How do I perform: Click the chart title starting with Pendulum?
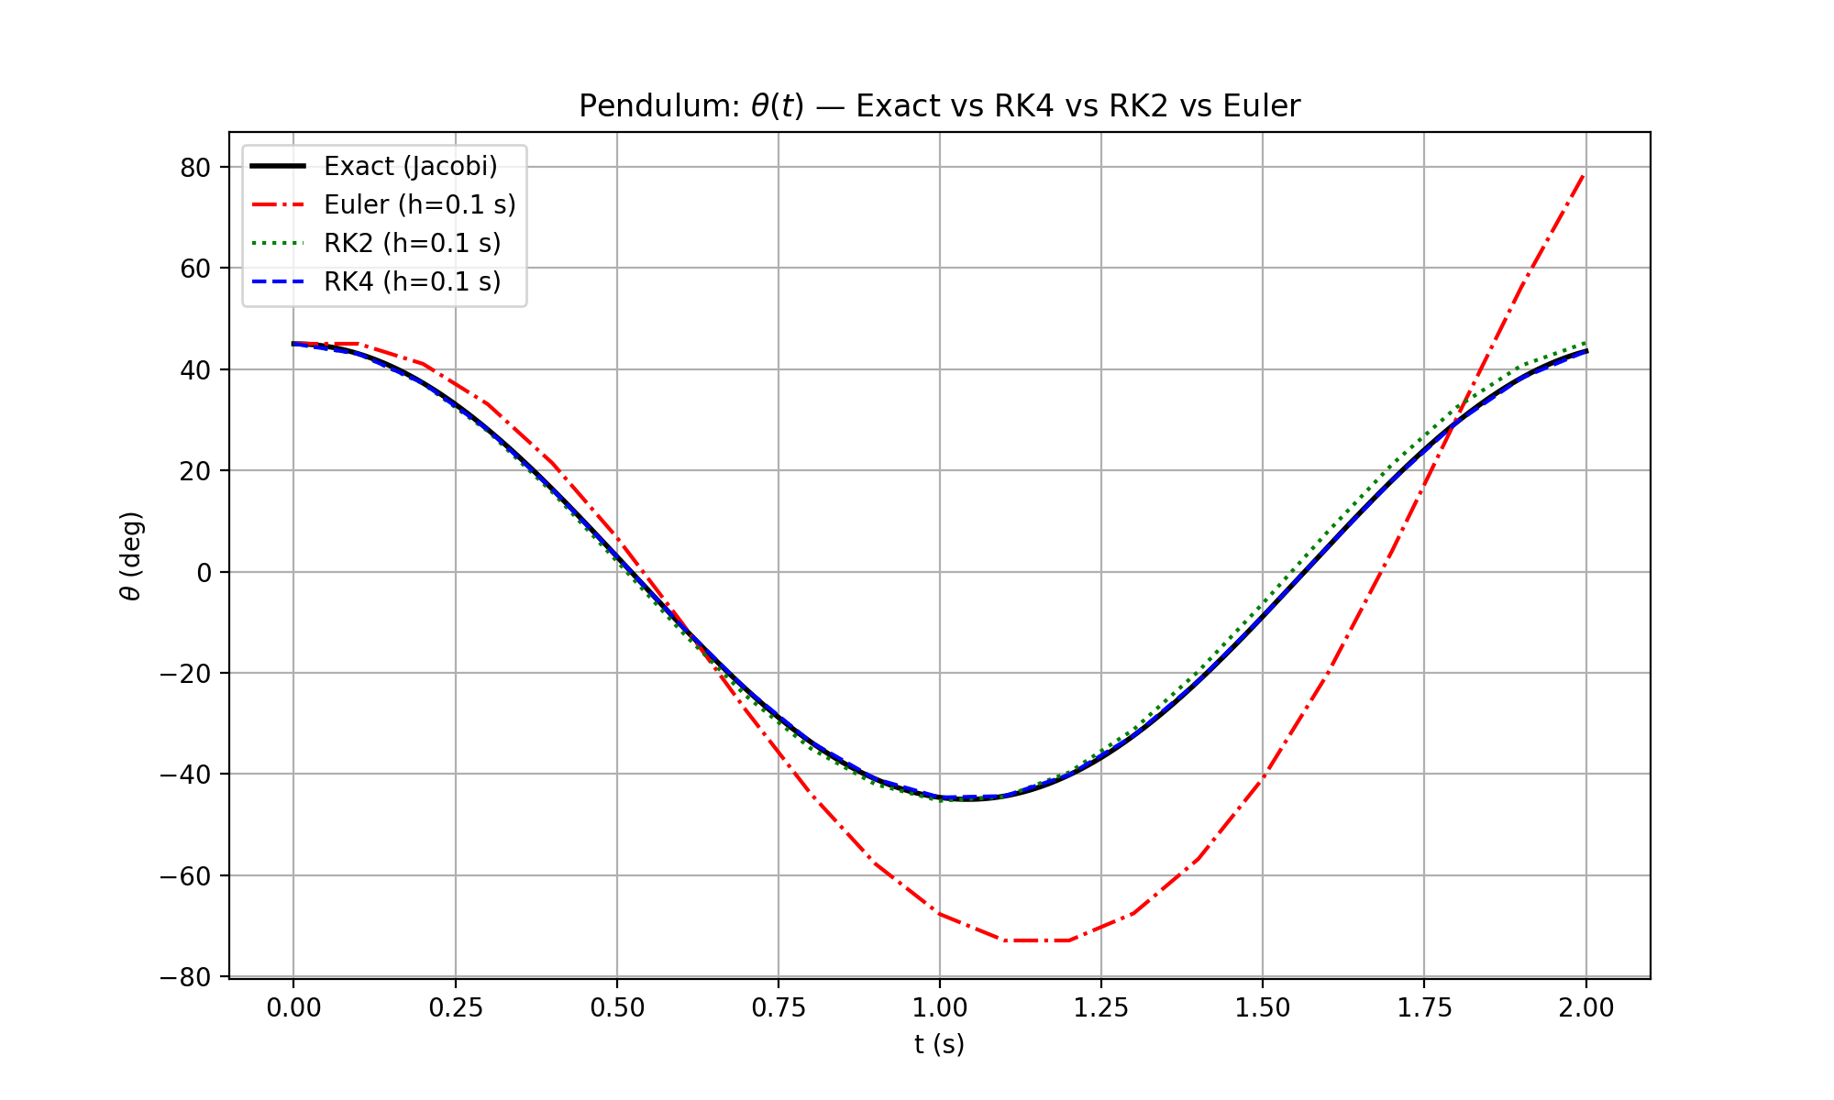point(939,106)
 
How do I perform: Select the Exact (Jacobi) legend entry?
point(410,166)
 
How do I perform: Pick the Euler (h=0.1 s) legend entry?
point(419,204)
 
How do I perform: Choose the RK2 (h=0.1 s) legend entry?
point(412,243)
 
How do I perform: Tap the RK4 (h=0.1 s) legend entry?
point(412,281)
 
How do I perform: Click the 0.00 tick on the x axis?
point(293,1008)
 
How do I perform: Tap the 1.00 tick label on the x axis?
point(940,1008)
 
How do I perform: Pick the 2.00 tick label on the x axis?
point(1586,1008)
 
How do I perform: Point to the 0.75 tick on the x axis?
point(779,1008)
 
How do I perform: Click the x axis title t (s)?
point(939,1044)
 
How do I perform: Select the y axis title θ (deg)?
point(131,555)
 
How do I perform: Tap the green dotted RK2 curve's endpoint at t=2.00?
point(1585,343)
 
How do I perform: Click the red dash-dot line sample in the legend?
point(278,204)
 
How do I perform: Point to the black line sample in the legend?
point(278,166)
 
